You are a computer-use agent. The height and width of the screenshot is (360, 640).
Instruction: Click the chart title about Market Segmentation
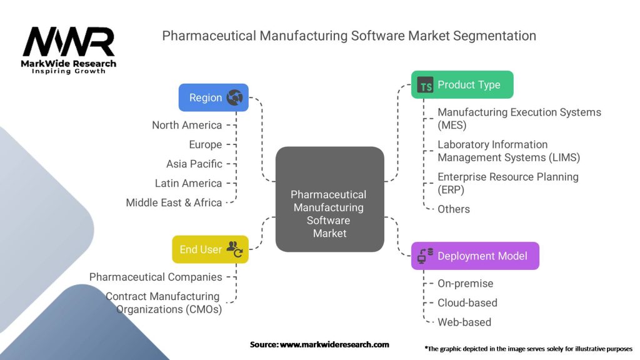point(349,36)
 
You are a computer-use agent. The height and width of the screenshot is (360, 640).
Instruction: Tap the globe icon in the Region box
point(235,97)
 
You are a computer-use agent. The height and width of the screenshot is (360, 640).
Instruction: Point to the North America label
point(187,125)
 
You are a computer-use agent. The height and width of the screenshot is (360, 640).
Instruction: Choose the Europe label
point(206,144)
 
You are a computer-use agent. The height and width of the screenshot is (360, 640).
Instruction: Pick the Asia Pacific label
point(194,164)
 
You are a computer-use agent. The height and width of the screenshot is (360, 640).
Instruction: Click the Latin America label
point(189,183)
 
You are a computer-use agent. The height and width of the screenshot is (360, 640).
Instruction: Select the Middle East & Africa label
point(174,202)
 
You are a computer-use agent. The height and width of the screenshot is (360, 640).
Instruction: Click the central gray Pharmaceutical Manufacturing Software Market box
point(329,199)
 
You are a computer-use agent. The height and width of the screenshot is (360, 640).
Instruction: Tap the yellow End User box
point(210,249)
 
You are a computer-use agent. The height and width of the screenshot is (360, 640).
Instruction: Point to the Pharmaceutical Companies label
point(156,277)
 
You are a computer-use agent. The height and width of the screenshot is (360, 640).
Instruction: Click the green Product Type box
point(462,85)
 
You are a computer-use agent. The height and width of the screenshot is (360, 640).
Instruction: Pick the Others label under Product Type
point(454,209)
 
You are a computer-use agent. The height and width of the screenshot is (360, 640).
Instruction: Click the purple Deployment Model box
point(474,256)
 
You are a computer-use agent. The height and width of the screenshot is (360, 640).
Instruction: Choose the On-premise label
point(466,283)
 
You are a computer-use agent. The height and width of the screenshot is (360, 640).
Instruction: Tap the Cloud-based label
point(467,302)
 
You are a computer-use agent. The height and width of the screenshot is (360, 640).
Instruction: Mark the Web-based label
point(464,322)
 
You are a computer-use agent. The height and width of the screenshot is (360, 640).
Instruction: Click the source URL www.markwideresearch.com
point(334,344)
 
